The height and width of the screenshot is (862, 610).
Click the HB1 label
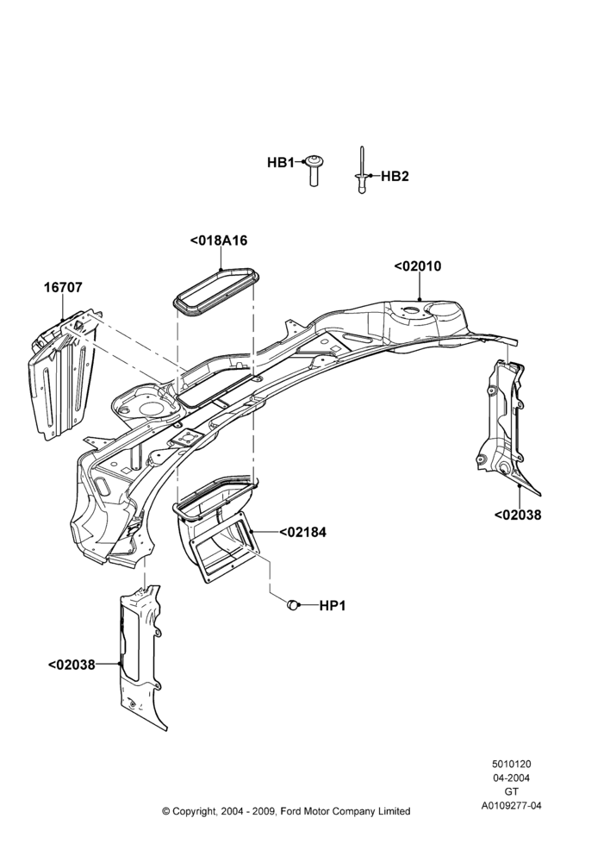click(x=281, y=163)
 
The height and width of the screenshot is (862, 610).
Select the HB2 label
click(x=395, y=177)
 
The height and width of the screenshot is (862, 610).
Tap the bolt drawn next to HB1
click(x=314, y=170)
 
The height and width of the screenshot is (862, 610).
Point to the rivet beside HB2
click(x=362, y=170)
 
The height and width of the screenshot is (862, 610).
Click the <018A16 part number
click(x=219, y=240)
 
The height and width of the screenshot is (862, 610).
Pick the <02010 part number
click(x=418, y=266)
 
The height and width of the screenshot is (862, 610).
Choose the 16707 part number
click(x=63, y=288)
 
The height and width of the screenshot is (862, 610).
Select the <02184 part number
click(x=302, y=532)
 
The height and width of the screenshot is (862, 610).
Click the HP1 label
click(x=333, y=606)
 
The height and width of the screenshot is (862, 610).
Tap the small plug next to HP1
click(x=294, y=605)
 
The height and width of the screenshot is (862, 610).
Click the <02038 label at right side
click(x=518, y=515)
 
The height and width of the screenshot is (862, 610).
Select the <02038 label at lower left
click(x=72, y=665)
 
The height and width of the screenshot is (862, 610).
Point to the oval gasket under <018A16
click(x=216, y=292)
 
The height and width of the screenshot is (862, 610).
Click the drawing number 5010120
click(x=511, y=764)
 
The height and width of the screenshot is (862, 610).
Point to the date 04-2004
click(x=511, y=778)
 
